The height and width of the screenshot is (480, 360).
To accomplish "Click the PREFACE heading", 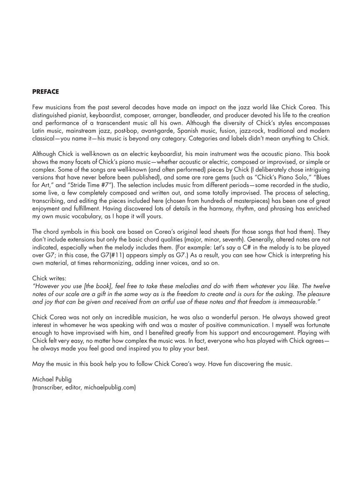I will (x=45, y=92).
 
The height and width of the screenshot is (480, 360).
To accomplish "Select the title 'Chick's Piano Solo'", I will (x=275, y=177).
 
